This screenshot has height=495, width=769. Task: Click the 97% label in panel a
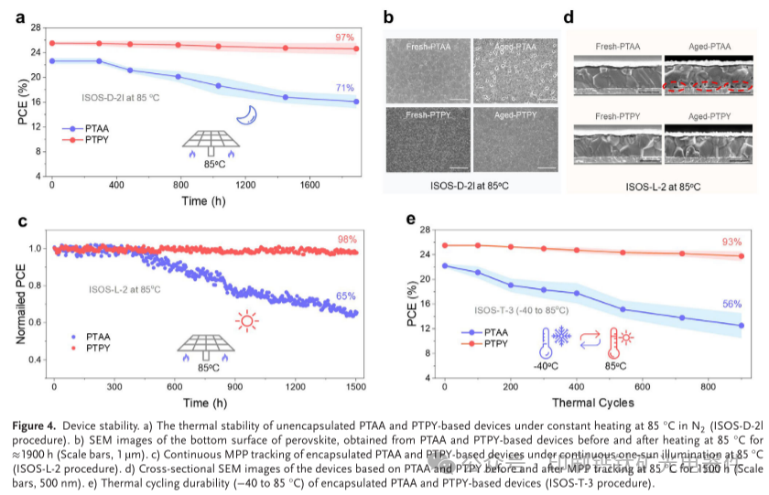click(x=344, y=38)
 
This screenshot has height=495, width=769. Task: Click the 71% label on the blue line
click(x=344, y=89)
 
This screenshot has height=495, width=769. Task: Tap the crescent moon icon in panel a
click(x=246, y=113)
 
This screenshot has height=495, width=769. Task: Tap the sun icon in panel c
click(x=246, y=320)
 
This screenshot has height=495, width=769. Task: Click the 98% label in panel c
click(x=344, y=240)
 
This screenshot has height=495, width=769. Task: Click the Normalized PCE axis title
click(x=21, y=303)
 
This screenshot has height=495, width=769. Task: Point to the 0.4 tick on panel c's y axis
click(x=38, y=359)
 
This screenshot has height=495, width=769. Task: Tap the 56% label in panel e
click(x=731, y=304)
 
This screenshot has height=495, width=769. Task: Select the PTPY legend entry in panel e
click(x=490, y=344)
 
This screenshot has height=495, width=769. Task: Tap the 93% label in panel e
click(x=731, y=242)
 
